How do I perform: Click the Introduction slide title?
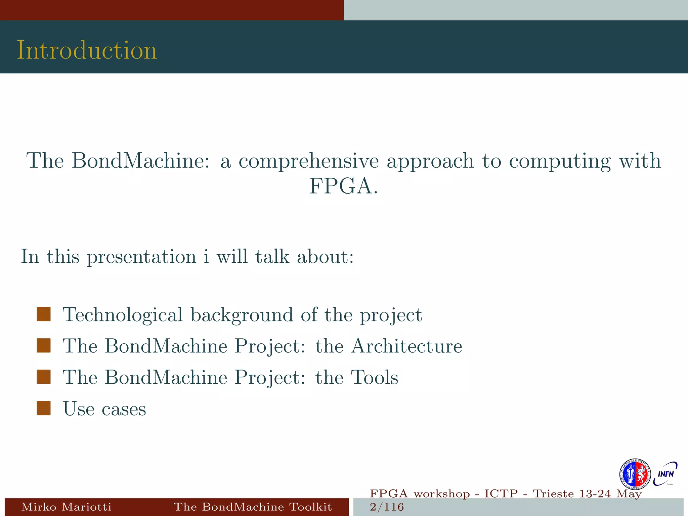pyautogui.click(x=87, y=50)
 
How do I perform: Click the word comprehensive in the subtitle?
pyautogui.click(x=308, y=161)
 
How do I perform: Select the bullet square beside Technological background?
pyautogui.click(x=44, y=314)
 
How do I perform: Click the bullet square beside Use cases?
pyautogui.click(x=44, y=408)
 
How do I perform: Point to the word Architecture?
pyautogui.click(x=406, y=346)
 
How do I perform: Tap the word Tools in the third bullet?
pyautogui.click(x=374, y=377)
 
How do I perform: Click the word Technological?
pyautogui.click(x=123, y=315)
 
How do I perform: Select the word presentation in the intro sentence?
pyautogui.click(x=141, y=257)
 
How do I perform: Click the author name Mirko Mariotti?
pyautogui.click(x=66, y=507)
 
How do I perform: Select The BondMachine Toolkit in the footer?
pyautogui.click(x=253, y=507)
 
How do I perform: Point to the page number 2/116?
pyautogui.click(x=386, y=507)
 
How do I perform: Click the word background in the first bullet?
pyautogui.click(x=242, y=315)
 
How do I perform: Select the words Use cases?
pyautogui.click(x=104, y=409)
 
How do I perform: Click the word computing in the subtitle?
pyautogui.click(x=559, y=161)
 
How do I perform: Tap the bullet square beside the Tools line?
pyautogui.click(x=44, y=377)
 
